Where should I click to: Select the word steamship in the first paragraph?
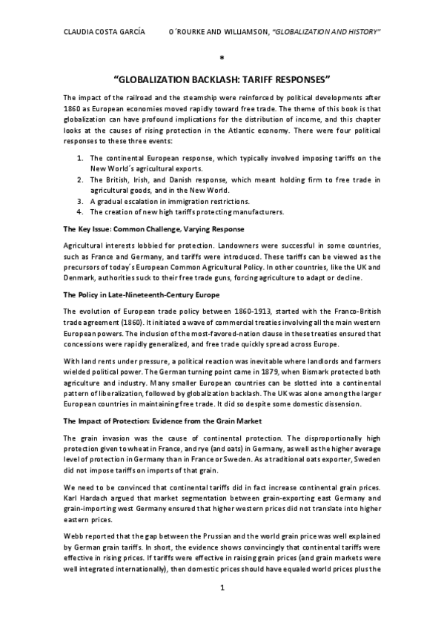(x=182, y=98)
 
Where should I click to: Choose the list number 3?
(x=81, y=201)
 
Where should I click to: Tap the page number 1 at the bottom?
(x=222, y=608)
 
